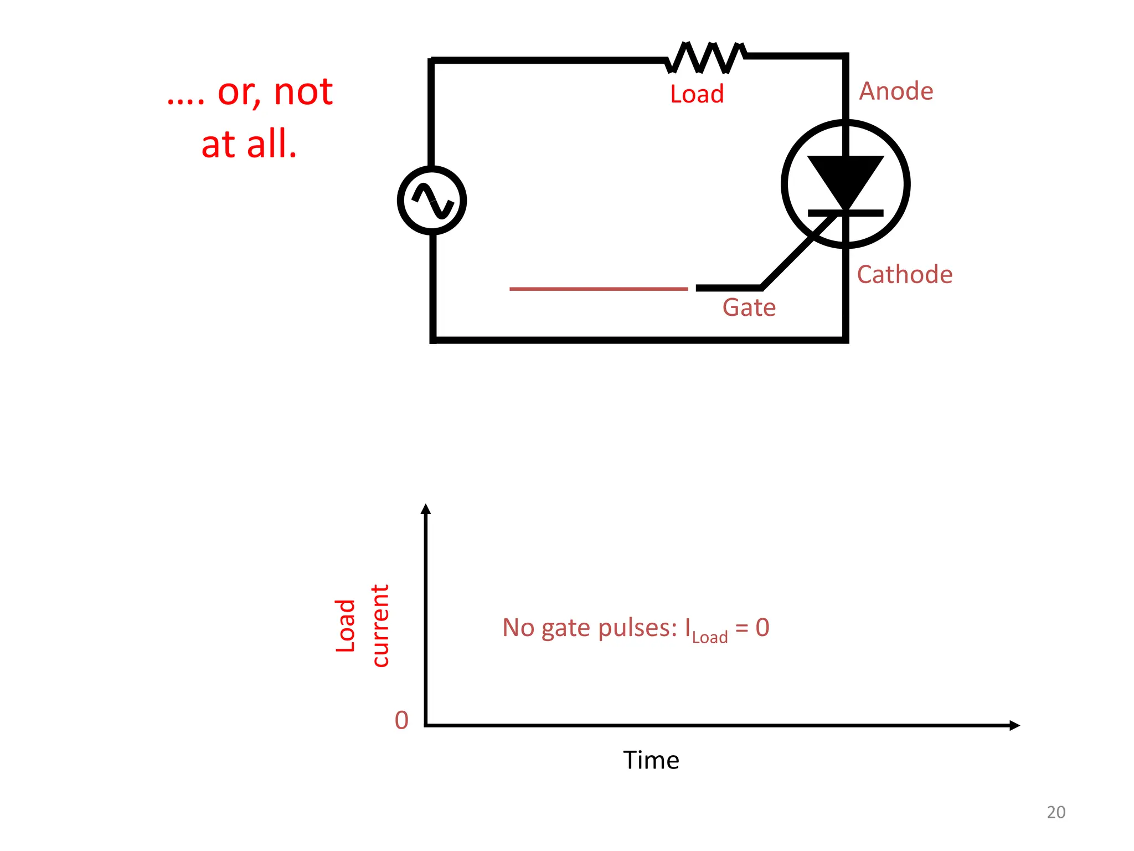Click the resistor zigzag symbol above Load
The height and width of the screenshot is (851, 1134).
tap(706, 57)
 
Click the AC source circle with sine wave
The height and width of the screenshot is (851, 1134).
tap(432, 201)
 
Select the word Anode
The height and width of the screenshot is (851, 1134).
tap(896, 91)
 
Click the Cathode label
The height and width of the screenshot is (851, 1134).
tap(904, 275)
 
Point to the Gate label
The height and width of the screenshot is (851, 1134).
tap(749, 307)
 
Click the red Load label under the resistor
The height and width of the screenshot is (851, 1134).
tap(697, 94)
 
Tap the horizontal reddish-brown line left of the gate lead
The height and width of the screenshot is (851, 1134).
tap(598, 289)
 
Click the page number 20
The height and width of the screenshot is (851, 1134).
tap(1055, 812)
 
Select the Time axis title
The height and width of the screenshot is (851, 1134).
tap(651, 760)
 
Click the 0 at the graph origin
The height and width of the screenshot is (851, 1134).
tap(401, 720)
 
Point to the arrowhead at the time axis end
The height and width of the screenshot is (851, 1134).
tap(1014, 725)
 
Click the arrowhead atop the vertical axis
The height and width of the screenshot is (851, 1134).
tap(425, 509)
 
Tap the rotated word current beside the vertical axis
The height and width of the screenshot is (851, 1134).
tap(380, 626)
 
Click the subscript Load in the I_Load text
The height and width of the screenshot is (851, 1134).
tap(709, 638)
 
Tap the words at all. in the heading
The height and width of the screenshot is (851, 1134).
tap(249, 144)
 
